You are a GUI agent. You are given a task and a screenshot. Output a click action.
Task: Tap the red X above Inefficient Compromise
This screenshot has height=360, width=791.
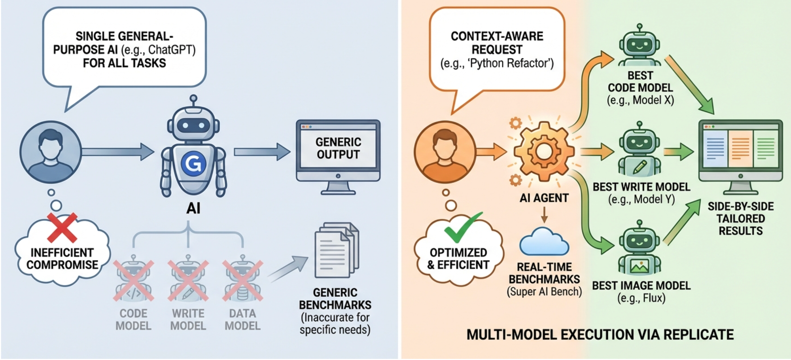[x=62, y=227]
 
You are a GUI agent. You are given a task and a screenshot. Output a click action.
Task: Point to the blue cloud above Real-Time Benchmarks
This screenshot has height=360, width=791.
[x=544, y=242]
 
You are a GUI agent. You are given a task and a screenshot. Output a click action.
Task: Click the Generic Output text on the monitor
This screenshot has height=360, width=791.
[x=338, y=148]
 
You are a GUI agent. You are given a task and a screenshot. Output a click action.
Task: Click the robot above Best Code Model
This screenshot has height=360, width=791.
[x=640, y=45]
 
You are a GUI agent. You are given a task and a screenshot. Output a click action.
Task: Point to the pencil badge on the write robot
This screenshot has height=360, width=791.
[x=640, y=167]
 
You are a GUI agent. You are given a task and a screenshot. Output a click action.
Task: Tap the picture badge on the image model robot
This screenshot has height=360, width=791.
[x=640, y=266]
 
